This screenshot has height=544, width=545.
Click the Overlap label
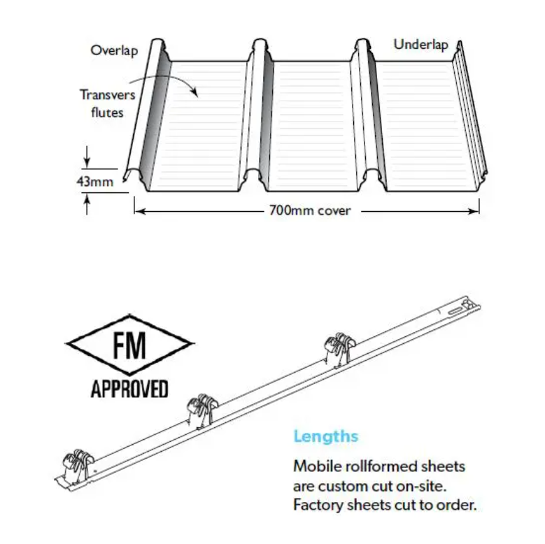[x=114, y=51]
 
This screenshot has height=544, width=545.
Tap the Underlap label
[x=420, y=45]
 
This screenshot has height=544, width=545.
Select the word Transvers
[x=108, y=95]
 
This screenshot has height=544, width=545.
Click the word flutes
[x=107, y=113]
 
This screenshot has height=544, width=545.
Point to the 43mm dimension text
[x=95, y=181]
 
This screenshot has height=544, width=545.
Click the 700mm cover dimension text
[x=310, y=210]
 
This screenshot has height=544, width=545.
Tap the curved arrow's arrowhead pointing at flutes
[x=194, y=92]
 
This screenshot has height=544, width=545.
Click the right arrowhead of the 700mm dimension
[x=474, y=211]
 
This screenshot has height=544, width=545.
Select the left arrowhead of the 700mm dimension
[x=140, y=211]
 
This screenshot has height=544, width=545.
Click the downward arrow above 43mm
[x=87, y=157]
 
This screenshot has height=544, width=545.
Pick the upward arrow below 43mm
[x=87, y=204]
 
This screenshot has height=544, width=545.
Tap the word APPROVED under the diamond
[x=129, y=389]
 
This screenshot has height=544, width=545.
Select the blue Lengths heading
[x=326, y=436]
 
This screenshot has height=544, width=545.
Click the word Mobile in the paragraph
[x=317, y=466]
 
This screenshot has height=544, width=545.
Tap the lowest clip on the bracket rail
[x=78, y=466]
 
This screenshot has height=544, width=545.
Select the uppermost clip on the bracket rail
[x=339, y=350]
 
